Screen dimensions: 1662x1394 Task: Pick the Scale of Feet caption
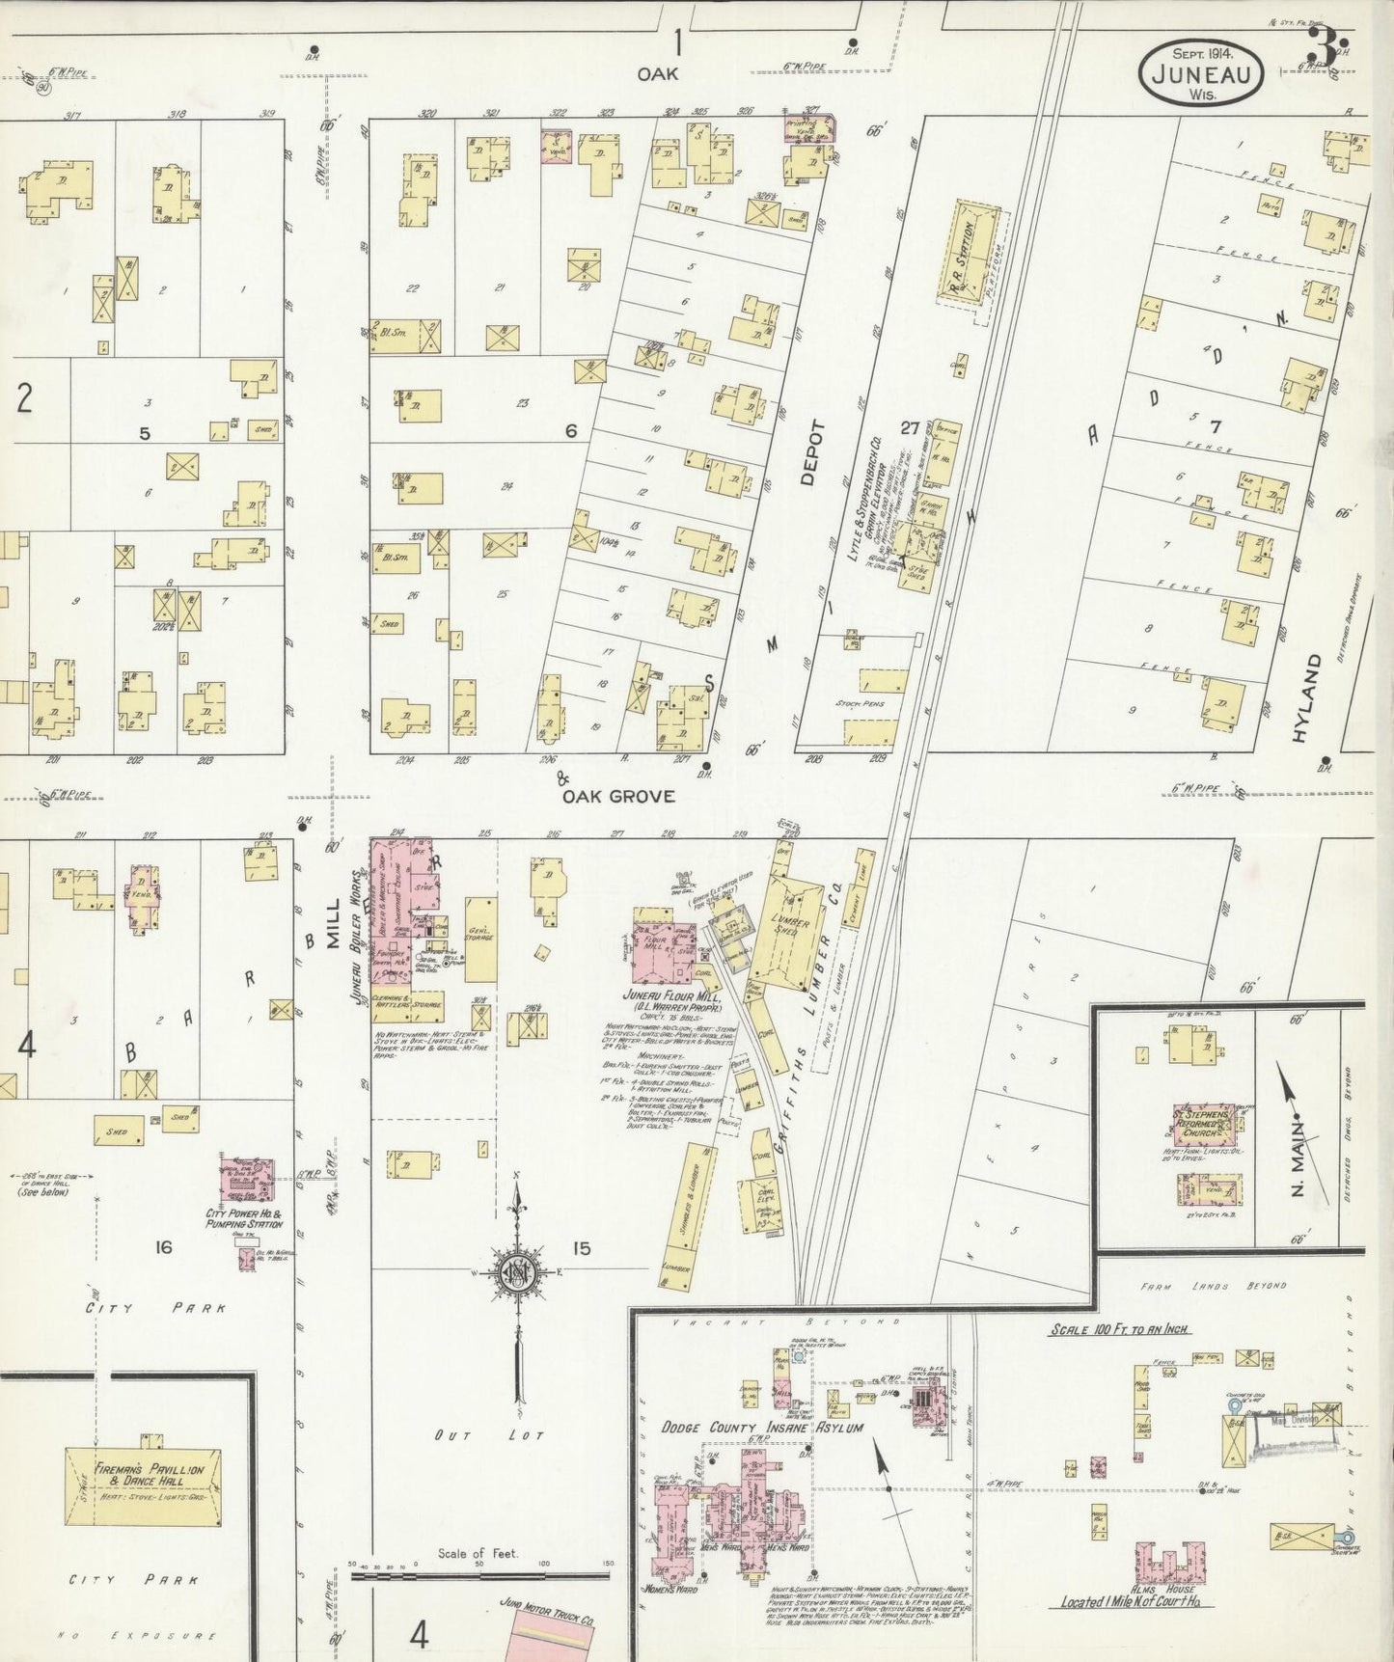coord(478,1553)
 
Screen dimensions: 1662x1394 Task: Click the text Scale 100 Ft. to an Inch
coord(1120,1329)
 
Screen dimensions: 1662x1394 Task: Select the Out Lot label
coord(479,1434)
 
